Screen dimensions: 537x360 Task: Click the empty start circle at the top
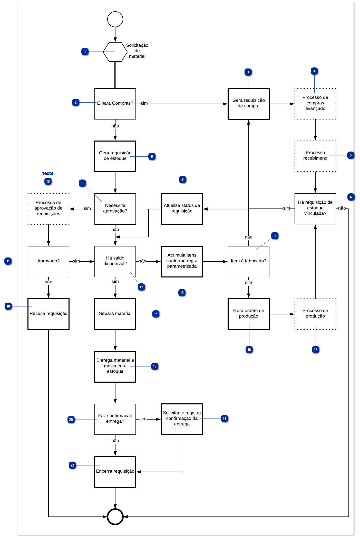click(x=115, y=19)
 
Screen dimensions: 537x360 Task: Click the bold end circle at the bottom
click(x=115, y=517)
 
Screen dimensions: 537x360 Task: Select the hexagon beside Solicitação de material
click(x=115, y=52)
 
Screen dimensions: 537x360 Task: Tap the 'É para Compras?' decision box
click(x=115, y=104)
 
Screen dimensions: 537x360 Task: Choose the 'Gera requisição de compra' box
click(x=248, y=104)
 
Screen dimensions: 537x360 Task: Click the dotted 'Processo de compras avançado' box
click(x=315, y=104)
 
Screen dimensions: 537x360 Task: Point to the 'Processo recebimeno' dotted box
click(x=315, y=156)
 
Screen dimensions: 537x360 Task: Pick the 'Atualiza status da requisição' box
click(x=182, y=209)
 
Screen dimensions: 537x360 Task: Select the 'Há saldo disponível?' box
click(x=115, y=261)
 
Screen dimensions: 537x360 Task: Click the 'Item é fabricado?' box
click(x=248, y=261)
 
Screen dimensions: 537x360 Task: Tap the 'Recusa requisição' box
click(x=48, y=314)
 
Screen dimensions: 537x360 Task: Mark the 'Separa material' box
click(x=115, y=314)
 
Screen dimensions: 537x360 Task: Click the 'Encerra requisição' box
click(x=115, y=472)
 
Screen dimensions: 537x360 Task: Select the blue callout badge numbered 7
click(x=183, y=180)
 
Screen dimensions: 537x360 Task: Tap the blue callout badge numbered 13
click(x=182, y=293)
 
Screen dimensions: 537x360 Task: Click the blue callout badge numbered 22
click(x=72, y=465)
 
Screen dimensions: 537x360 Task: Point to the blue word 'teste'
click(x=48, y=173)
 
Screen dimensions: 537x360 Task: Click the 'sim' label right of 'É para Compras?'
click(x=144, y=103)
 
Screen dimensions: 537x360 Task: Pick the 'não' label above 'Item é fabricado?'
click(x=248, y=237)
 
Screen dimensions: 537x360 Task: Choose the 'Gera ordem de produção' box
click(x=248, y=314)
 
